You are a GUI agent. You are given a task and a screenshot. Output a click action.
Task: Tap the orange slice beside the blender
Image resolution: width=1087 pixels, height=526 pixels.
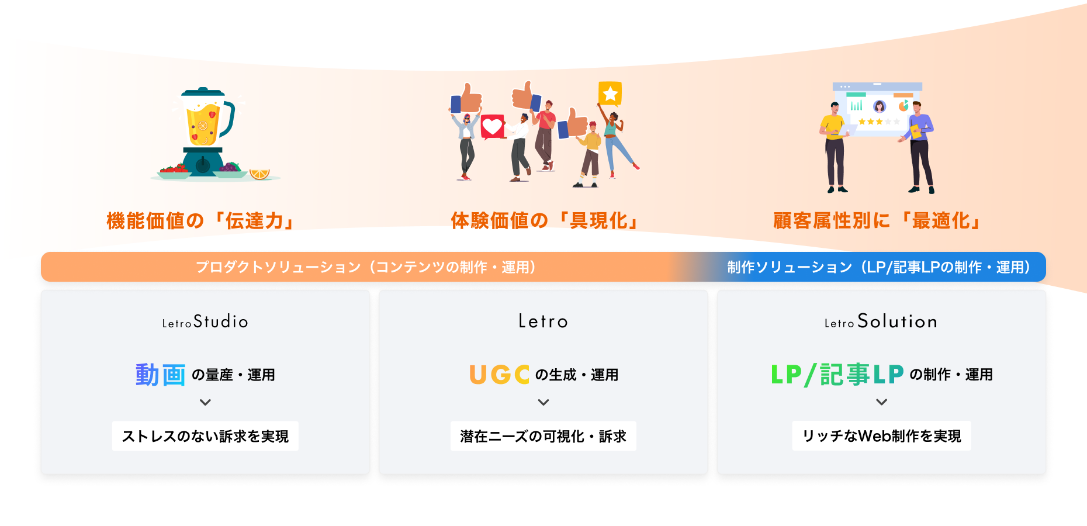pos(259,174)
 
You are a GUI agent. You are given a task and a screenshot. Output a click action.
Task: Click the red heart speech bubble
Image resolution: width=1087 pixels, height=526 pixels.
pos(492,126)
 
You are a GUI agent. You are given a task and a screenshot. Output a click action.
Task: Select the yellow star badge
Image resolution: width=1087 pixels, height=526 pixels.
pos(610,93)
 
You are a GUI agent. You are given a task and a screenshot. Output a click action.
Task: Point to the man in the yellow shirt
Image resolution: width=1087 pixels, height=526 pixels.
pos(835,147)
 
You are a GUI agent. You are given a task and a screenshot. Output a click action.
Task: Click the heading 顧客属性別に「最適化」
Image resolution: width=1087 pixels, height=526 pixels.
pos(878,220)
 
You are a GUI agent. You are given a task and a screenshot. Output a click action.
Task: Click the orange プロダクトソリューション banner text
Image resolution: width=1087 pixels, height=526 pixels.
pos(365,267)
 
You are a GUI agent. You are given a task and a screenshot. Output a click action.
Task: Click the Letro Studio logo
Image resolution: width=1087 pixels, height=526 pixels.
pos(205,321)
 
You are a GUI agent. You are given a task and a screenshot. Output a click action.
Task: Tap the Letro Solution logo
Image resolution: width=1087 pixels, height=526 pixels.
pos(881,321)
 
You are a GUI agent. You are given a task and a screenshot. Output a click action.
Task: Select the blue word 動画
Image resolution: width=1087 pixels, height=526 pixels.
pos(161,375)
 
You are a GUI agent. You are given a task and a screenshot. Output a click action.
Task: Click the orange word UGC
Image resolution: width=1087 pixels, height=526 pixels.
pos(500,375)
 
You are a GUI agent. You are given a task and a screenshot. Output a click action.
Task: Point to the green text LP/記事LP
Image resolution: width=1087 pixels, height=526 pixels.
pos(837,375)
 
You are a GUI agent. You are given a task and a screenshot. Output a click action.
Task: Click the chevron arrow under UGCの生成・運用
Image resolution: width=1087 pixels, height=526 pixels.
pos(543,402)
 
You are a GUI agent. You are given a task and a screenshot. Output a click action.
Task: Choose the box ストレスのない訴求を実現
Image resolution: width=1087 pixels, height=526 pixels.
pos(205,436)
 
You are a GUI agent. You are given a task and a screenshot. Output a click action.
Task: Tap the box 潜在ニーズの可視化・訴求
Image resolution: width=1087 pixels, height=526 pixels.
pos(543,436)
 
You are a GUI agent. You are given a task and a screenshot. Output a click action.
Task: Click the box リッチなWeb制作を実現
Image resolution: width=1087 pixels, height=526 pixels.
pos(881,436)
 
